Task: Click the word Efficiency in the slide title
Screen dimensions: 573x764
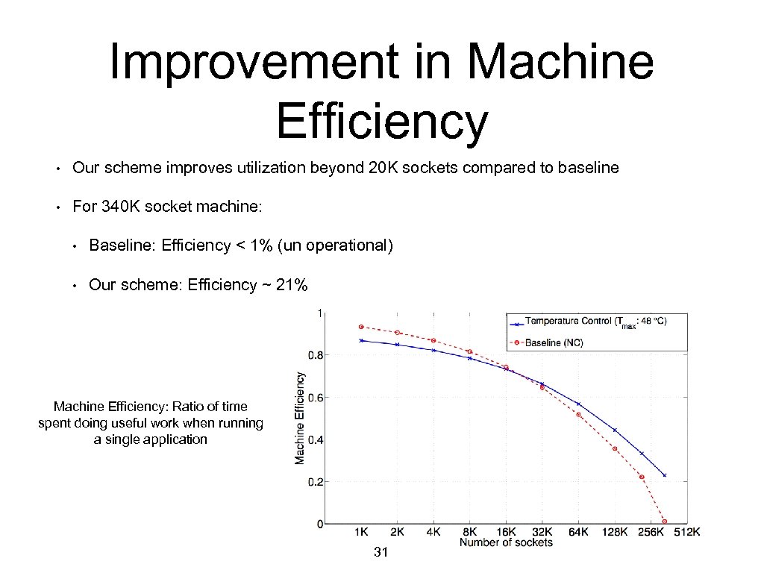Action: (381, 121)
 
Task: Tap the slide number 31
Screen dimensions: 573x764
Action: (381, 552)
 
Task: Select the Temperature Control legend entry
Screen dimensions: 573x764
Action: (595, 322)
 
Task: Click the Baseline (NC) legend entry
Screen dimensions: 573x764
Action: (554, 342)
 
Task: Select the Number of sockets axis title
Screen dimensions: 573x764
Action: (506, 542)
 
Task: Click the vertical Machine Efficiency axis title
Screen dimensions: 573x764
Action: (300, 418)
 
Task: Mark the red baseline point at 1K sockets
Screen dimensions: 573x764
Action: (361, 327)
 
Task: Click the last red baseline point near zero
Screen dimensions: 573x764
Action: (664, 522)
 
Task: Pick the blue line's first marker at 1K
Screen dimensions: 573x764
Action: (361, 340)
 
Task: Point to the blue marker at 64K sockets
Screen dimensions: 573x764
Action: (578, 404)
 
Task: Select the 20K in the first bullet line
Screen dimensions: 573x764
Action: (383, 168)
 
